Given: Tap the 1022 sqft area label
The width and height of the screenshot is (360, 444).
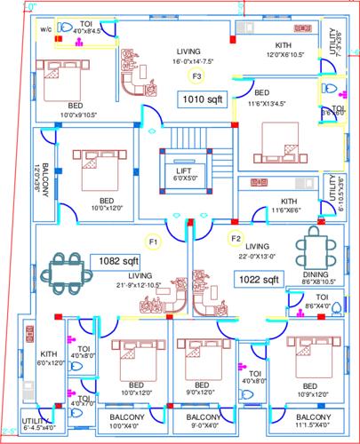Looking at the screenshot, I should [x=258, y=279].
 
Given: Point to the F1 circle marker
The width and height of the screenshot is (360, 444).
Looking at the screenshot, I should [x=153, y=240].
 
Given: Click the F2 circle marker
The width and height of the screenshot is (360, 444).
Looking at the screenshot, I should [x=236, y=238].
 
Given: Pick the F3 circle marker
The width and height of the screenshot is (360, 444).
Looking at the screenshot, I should [x=196, y=76].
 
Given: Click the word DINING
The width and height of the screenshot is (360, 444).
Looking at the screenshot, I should [x=316, y=275].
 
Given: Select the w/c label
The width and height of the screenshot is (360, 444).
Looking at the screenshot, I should [x=45, y=28].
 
